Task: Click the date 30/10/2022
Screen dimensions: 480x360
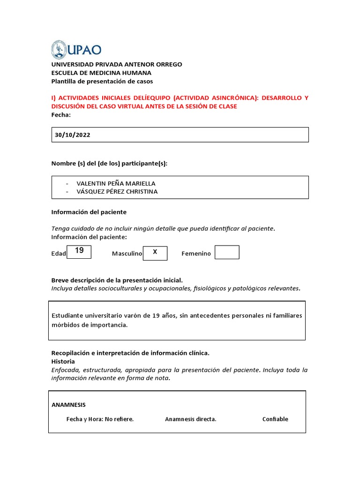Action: coord(73,135)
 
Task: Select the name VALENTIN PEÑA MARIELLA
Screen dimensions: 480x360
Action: coord(116,183)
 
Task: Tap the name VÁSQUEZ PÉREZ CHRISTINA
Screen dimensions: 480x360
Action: coord(117,191)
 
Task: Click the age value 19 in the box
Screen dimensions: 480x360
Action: coord(79,251)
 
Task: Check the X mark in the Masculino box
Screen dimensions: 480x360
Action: coord(155,252)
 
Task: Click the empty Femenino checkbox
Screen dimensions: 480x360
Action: coord(227,252)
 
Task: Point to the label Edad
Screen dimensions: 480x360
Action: coord(59,254)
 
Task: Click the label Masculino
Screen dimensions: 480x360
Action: coord(127,254)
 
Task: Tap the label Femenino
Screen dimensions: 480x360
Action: coord(196,254)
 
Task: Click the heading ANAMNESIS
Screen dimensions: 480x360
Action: coord(68,405)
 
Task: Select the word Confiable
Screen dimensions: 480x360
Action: coord(275,419)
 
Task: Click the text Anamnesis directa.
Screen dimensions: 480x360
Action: coord(190,419)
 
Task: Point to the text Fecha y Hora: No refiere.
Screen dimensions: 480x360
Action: coord(100,419)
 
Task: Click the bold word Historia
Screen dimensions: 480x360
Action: coord(63,361)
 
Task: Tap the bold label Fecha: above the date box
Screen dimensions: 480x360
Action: coord(61,115)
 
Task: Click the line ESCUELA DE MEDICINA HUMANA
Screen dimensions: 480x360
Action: coord(101,73)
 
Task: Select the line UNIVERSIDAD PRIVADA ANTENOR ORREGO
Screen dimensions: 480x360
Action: coord(116,64)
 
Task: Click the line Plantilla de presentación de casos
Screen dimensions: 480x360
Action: coord(102,81)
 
